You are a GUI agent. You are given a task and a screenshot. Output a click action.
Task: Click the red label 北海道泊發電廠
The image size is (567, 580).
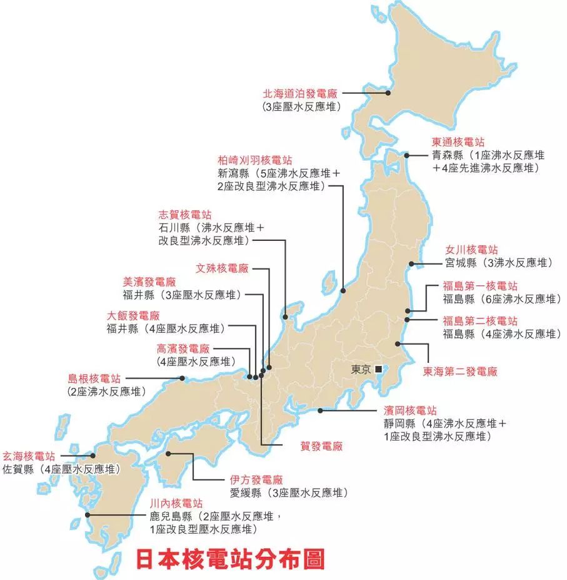[299, 93]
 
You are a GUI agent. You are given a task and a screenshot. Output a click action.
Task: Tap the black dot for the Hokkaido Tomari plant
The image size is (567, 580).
[388, 93]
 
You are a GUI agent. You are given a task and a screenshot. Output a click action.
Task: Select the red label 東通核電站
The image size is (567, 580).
[458, 142]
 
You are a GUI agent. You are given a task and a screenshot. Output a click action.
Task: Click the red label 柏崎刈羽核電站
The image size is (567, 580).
[254, 160]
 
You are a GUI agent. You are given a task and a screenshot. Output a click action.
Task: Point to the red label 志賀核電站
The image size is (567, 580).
[185, 214]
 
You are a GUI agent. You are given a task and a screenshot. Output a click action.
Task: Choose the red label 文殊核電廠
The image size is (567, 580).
[222, 268]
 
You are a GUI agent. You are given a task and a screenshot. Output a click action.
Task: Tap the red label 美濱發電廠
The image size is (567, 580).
[149, 282]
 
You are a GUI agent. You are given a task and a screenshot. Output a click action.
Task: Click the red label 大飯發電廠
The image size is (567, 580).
[133, 315]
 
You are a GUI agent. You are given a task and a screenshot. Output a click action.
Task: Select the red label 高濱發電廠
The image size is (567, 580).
[183, 349]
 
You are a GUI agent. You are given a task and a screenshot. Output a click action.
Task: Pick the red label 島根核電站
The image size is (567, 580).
[94, 379]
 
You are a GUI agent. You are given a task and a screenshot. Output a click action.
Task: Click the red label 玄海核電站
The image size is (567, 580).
[29, 455]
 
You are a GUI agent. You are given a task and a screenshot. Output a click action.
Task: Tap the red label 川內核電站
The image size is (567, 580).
[176, 503]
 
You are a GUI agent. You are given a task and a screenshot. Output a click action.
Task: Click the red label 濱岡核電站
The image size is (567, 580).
[410, 411]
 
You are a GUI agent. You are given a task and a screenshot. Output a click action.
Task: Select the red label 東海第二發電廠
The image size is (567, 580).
[459, 372]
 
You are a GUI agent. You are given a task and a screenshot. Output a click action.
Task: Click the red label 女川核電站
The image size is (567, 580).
[471, 249]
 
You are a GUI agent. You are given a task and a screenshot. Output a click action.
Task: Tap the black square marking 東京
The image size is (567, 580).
[378, 370]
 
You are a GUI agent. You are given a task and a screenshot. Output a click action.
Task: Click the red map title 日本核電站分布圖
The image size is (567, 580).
[230, 559]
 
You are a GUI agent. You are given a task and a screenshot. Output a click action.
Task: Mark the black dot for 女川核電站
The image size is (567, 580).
[411, 263]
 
